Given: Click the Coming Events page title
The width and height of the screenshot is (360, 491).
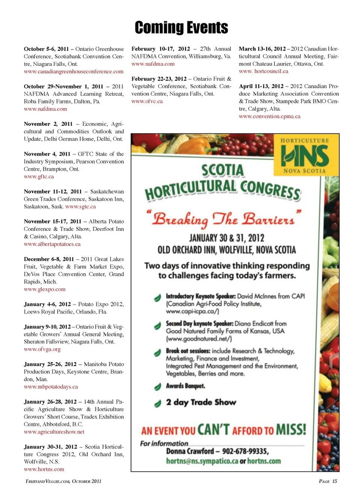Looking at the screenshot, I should (181, 28).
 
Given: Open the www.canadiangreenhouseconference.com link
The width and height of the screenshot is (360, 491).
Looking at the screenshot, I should (73, 72).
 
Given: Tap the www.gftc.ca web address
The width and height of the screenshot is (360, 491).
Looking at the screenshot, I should (39, 177).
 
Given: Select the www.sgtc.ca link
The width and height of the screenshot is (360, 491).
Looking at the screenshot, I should (80, 207).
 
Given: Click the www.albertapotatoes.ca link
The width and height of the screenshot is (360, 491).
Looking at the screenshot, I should (52, 244).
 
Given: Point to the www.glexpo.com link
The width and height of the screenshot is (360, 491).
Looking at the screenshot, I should (45, 289).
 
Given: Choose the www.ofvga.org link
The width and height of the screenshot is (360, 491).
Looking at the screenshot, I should (42, 349).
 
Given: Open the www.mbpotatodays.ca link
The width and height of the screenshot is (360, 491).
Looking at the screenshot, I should (51, 387).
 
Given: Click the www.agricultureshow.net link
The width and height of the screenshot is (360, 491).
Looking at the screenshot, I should (54, 432).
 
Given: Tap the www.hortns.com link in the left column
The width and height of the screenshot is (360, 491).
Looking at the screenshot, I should (44, 469).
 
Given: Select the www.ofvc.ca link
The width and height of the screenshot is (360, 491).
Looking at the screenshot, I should (147, 101).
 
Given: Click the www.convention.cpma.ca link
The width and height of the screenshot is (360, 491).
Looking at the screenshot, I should (270, 116).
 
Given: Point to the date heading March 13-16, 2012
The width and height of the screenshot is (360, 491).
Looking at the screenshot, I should (262, 49).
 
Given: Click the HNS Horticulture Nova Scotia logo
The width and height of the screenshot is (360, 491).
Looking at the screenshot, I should (304, 156).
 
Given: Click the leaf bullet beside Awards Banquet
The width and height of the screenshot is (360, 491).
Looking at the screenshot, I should (157, 386).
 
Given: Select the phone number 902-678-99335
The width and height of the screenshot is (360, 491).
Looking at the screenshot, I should (245, 451).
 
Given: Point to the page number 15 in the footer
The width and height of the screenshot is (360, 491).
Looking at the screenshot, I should (334, 481).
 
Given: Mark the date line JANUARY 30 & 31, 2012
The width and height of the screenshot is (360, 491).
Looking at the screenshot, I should (226, 238).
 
